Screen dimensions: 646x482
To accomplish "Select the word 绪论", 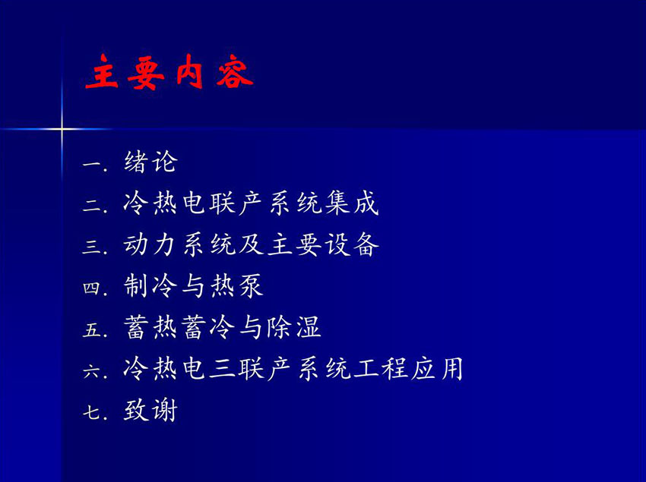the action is tap(150, 162).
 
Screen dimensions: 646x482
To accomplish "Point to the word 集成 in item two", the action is tap(351, 203).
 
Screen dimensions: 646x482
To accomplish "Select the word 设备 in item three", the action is tap(351, 244).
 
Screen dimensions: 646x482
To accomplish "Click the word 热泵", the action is tap(236, 285).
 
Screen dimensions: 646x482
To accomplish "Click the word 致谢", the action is tap(150, 410).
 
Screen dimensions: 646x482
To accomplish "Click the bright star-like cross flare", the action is tap(62, 129).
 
